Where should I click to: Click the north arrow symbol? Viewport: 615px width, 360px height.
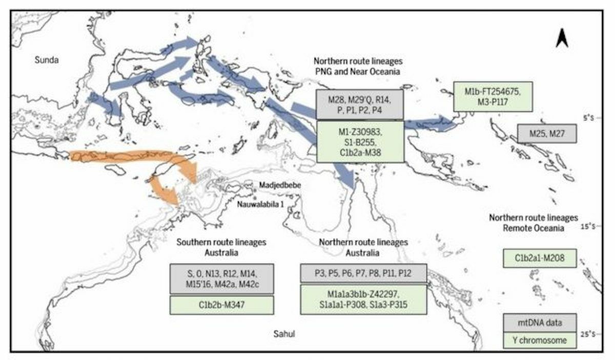click(562, 38)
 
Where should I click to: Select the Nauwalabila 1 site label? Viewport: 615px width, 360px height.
click(260, 204)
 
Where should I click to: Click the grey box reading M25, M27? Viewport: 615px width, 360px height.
click(547, 134)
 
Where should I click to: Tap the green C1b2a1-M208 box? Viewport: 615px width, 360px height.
click(540, 258)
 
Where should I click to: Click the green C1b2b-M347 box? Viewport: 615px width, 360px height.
click(221, 305)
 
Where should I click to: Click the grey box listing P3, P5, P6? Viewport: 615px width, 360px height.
click(363, 274)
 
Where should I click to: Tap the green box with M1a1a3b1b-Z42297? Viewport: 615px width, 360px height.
click(363, 300)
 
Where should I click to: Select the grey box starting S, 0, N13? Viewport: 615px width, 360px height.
click(221, 279)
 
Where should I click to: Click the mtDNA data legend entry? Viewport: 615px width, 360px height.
click(540, 323)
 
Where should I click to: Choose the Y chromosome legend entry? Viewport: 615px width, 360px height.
click(540, 340)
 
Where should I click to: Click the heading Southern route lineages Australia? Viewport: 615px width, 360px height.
click(221, 247)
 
